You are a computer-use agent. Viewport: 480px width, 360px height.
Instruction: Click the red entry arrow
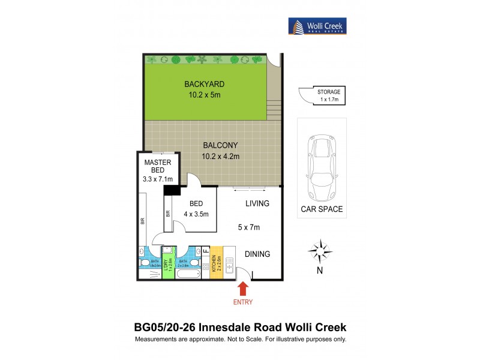(x=243, y=289)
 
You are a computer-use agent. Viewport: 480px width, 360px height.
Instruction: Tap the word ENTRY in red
(x=243, y=302)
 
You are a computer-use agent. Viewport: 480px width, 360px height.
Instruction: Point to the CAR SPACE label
(x=322, y=209)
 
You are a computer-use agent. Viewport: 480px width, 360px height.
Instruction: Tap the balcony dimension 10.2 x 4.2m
(x=221, y=157)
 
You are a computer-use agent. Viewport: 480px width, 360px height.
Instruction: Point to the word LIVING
(x=257, y=203)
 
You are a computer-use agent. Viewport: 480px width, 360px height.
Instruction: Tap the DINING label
(x=257, y=254)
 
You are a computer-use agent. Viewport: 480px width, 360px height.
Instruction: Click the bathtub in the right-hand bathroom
(x=189, y=274)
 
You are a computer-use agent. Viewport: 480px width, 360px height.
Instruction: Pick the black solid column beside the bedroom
(x=173, y=190)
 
